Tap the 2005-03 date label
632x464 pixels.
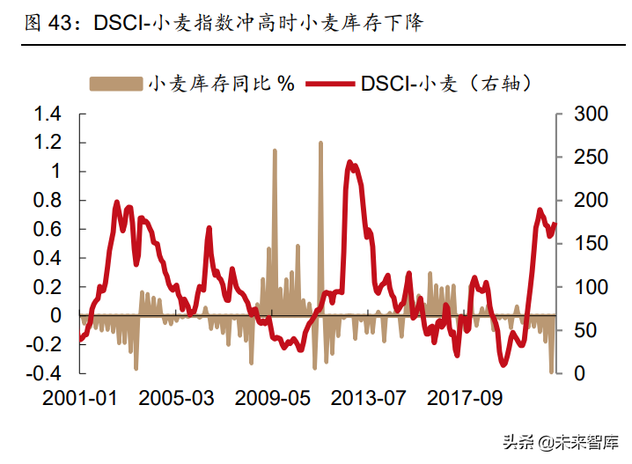[177, 398]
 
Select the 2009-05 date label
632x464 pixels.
[273, 398]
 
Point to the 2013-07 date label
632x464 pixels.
[369, 398]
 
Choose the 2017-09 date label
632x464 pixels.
[465, 398]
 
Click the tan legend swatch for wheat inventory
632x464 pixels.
[115, 84]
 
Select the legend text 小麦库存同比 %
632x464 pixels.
[222, 84]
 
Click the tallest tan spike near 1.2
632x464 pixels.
[320, 143]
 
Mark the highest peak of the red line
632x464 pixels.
[349, 162]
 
